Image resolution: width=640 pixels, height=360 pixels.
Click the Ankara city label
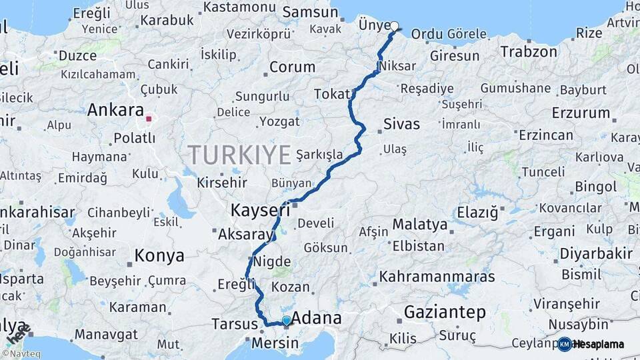point(115,109)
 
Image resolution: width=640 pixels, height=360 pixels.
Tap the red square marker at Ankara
point(149,119)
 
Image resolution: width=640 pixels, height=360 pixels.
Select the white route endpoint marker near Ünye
point(394,27)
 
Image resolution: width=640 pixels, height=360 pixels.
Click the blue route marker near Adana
point(287,321)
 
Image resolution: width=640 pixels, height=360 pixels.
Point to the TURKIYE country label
point(239,155)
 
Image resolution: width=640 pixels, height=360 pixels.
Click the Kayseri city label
point(260,211)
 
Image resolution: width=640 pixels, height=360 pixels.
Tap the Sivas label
point(402,124)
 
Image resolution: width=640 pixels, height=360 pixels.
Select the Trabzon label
point(529,51)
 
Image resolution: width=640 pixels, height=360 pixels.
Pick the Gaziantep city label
point(445,311)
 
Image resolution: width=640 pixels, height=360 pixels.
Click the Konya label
point(159,255)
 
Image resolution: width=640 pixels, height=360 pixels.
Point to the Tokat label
point(332,94)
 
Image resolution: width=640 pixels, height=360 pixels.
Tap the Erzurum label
point(581,113)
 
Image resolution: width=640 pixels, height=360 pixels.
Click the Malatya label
point(419,224)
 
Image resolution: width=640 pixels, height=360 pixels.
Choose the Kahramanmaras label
point(437,276)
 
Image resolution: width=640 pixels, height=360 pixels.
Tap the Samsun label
point(310,12)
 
